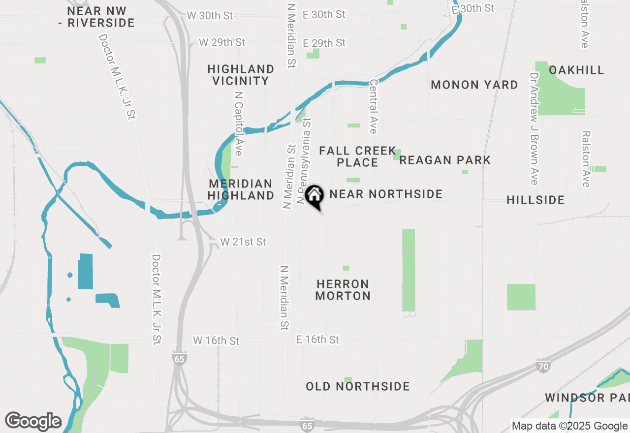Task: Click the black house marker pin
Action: pyautogui.click(x=314, y=196)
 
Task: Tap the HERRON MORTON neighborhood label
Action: pyautogui.click(x=343, y=290)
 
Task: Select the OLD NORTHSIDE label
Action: pyautogui.click(x=358, y=386)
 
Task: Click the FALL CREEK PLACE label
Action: pyautogui.click(x=357, y=156)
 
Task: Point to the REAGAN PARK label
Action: pyautogui.click(x=445, y=160)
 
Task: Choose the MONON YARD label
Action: pyautogui.click(x=474, y=85)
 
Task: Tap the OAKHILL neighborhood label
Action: pyautogui.click(x=576, y=70)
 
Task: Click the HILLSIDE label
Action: pyautogui.click(x=535, y=200)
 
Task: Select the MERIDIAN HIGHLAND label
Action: pyautogui.click(x=241, y=189)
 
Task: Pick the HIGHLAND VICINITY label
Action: pyautogui.click(x=241, y=75)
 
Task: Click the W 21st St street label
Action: pyautogui.click(x=243, y=242)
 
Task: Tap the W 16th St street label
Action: pyautogui.click(x=216, y=340)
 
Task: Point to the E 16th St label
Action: pyautogui.click(x=318, y=340)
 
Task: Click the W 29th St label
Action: pyautogui.click(x=222, y=42)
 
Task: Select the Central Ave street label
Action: pyautogui.click(x=373, y=107)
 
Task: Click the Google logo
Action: pyautogui.click(x=33, y=422)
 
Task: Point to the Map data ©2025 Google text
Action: pyautogui.click(x=569, y=426)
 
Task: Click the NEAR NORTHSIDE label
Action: pyautogui.click(x=386, y=194)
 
